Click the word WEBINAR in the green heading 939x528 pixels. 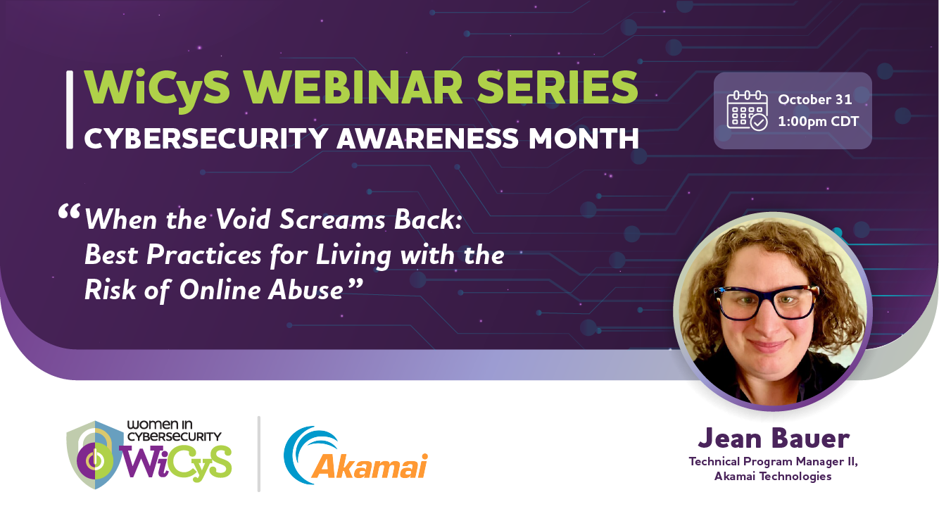tap(353, 87)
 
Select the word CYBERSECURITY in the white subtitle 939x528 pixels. tap(206, 139)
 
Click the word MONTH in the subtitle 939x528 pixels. tap(584, 139)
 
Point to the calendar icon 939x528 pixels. tap(747, 111)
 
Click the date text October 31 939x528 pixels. tap(815, 99)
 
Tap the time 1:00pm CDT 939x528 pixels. tap(818, 121)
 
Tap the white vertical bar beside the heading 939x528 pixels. tap(70, 109)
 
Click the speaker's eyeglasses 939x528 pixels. tap(767, 302)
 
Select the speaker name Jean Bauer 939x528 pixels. tap(774, 439)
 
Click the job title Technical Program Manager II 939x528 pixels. tap(774, 462)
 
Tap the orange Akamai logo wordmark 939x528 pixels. tap(370, 465)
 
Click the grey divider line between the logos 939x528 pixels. tap(259, 454)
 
